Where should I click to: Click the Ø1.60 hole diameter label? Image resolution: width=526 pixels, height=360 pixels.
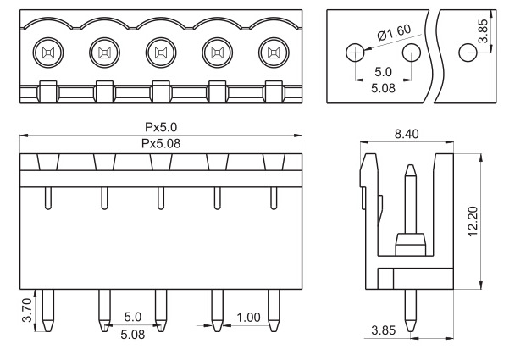point(394,32)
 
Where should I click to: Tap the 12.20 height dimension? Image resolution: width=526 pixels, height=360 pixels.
point(473,221)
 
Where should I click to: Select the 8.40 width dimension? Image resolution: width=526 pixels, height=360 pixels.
point(407,134)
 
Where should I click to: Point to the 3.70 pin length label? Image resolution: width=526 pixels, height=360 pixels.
point(27,310)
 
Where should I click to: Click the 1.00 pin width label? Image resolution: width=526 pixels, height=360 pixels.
point(248,318)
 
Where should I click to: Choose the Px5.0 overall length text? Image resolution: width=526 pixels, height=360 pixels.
point(161,127)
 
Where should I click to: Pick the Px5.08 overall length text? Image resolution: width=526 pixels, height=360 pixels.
point(161,144)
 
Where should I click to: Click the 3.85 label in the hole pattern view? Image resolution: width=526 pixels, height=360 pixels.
point(483,31)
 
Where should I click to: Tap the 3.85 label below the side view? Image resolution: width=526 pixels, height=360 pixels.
point(384,330)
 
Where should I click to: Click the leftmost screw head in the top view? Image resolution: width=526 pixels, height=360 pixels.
point(48,53)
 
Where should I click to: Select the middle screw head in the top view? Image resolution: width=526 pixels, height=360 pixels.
point(161,53)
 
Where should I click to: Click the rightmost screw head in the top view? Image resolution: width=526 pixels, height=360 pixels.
point(274,53)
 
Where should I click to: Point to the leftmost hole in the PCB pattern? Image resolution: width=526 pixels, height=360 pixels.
point(355,53)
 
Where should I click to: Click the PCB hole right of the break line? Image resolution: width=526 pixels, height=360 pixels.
point(468,53)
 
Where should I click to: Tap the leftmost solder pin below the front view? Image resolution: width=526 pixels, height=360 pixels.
point(48,310)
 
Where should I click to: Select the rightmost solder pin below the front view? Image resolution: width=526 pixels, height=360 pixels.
point(274,310)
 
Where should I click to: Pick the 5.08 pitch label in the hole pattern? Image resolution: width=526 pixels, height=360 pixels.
point(383,88)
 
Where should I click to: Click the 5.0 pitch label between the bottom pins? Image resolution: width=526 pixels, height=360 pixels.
point(133,317)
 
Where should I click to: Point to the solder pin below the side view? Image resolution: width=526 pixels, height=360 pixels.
point(411,310)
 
